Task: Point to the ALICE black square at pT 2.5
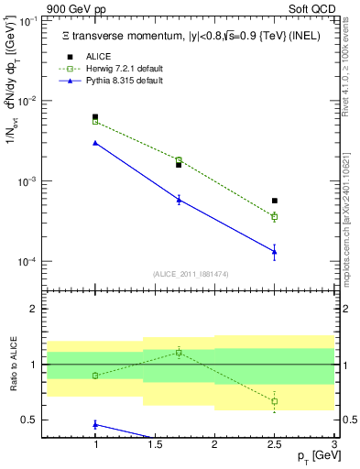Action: click(275, 201)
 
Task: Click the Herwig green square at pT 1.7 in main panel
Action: click(179, 160)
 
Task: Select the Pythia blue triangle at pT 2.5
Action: click(275, 252)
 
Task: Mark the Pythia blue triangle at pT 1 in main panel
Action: click(95, 143)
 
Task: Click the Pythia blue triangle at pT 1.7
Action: click(179, 199)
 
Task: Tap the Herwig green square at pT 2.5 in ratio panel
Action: click(275, 401)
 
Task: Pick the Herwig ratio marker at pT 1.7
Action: click(179, 352)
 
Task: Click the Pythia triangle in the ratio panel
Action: click(95, 424)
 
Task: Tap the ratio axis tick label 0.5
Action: click(29, 420)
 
